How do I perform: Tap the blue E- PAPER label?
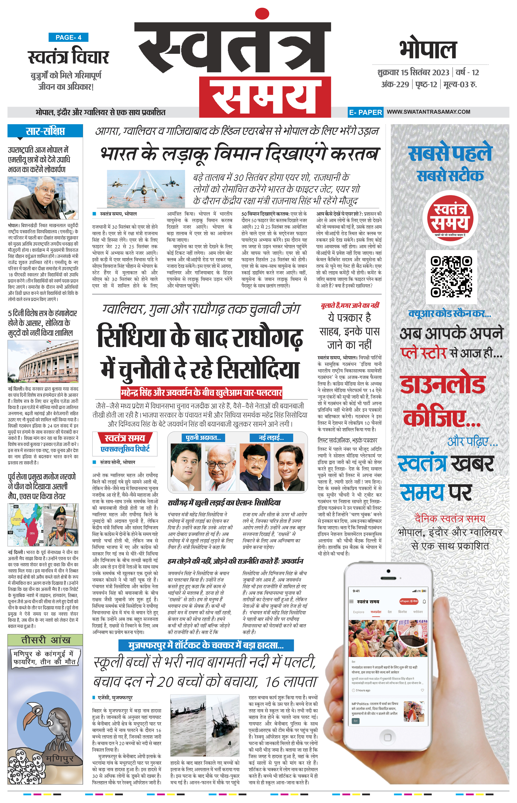[365, 112]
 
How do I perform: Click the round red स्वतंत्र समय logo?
[450, 218]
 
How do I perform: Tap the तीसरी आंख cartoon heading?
[45, 640]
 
